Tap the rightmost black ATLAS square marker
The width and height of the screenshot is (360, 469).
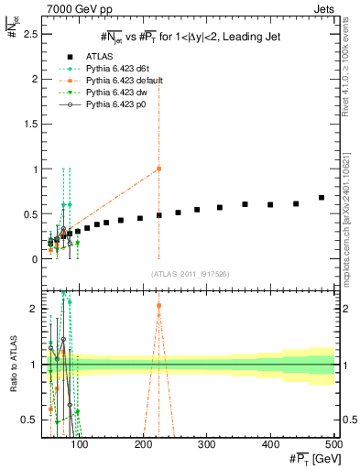tap(322, 197)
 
